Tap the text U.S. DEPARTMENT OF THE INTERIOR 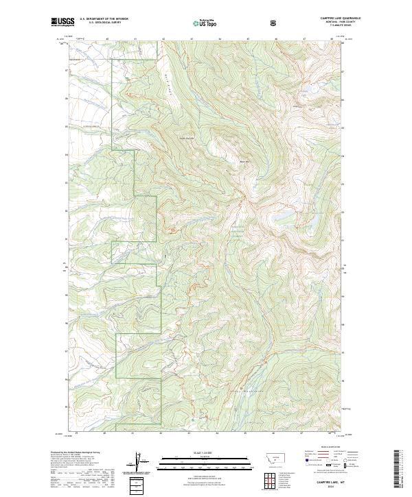pos(104,19)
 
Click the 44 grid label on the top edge pos(218,39)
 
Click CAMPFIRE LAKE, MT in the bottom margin pos(331,482)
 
